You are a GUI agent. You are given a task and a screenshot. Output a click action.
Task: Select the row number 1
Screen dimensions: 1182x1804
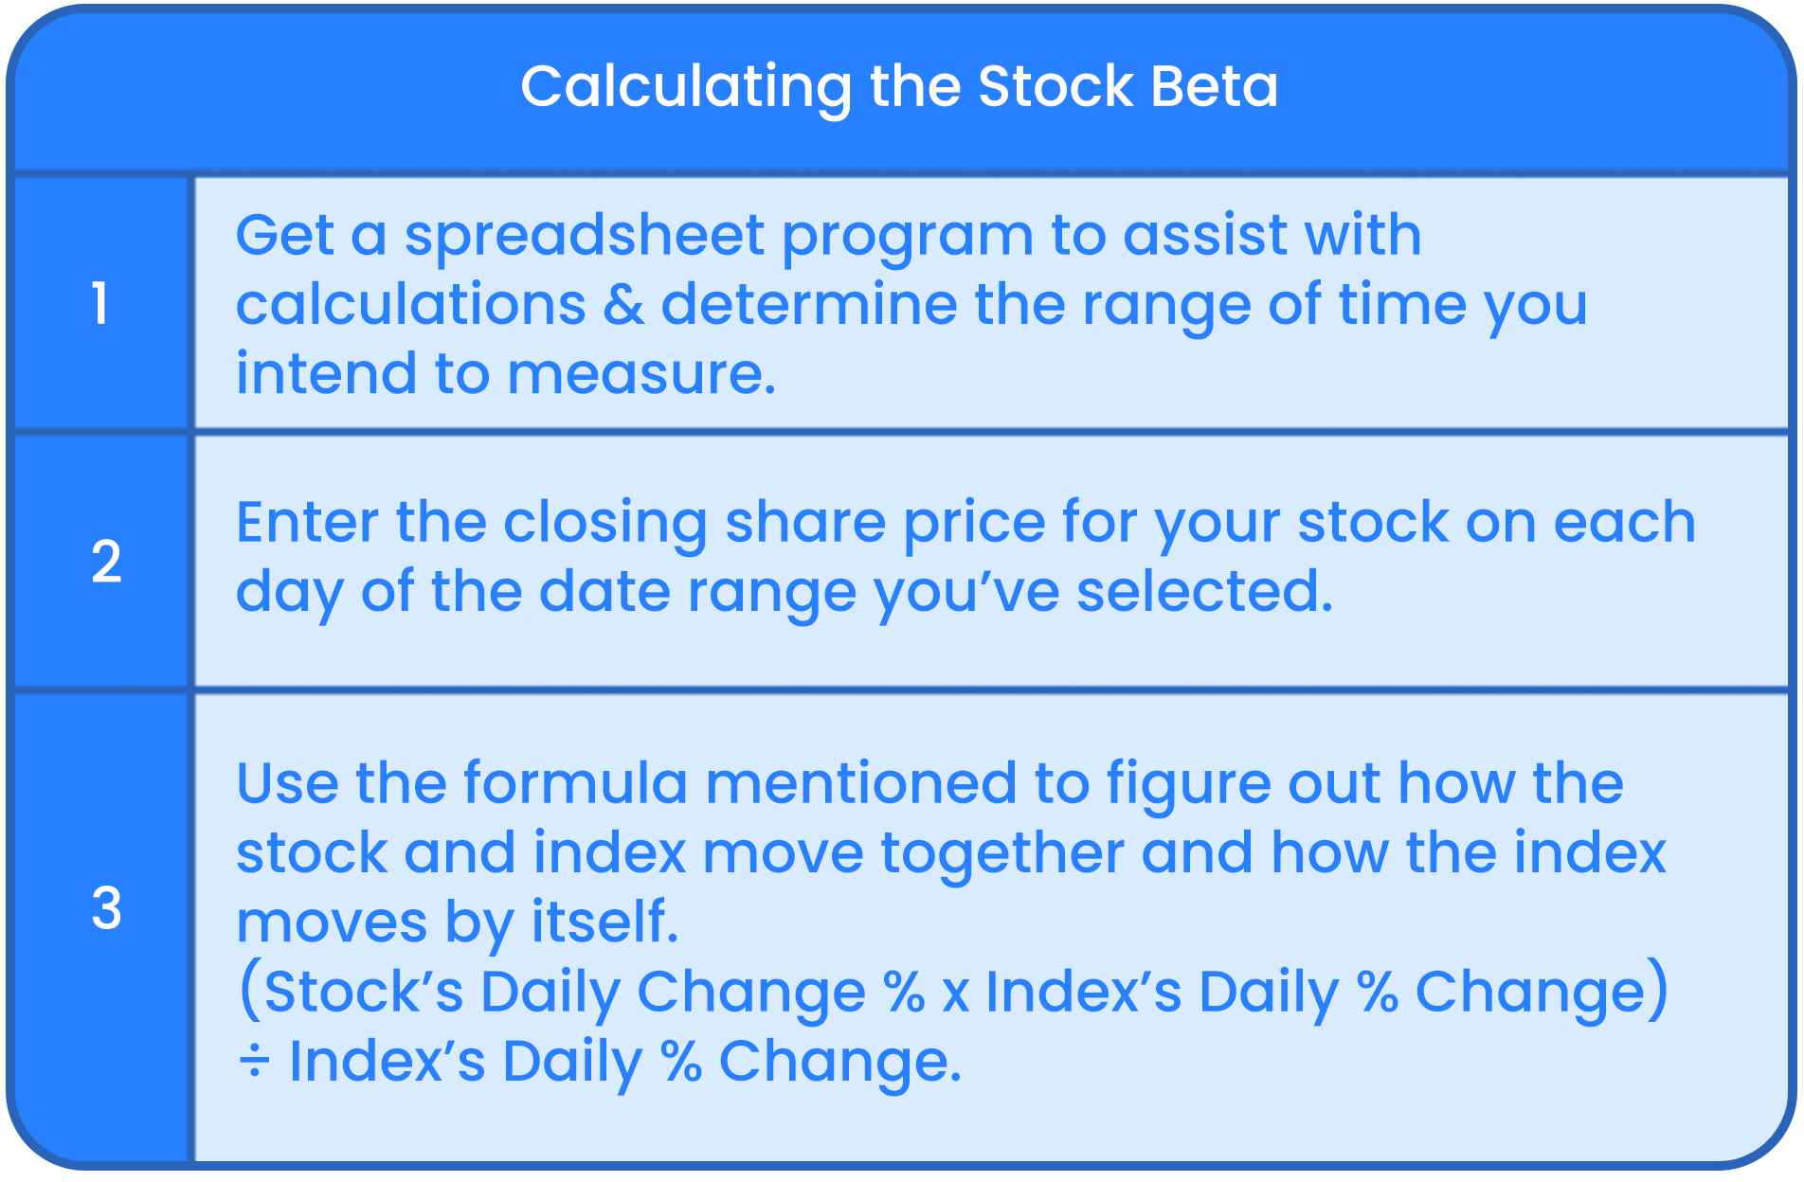(x=99, y=304)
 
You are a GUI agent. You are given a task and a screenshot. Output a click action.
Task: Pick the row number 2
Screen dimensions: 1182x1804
(x=106, y=562)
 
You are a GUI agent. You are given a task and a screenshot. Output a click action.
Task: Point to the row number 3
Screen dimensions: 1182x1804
(x=106, y=908)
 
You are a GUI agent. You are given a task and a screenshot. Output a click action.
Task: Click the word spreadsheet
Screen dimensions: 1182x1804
(x=585, y=235)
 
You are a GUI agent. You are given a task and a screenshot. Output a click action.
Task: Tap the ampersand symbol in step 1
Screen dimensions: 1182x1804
(x=623, y=305)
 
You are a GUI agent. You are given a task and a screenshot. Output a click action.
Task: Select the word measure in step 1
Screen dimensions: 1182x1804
(x=641, y=373)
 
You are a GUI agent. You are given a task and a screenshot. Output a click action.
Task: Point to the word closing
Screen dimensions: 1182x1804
(x=604, y=524)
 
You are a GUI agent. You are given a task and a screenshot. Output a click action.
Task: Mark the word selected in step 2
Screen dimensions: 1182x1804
(x=1204, y=591)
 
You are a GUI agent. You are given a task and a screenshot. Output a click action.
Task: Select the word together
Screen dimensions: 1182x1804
(x=1001, y=853)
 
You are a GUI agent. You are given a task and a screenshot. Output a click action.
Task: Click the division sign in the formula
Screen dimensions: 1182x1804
(x=254, y=1062)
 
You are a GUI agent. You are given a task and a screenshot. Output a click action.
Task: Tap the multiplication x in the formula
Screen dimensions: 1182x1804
(x=955, y=994)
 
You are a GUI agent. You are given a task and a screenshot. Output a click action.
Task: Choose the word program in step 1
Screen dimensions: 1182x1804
(x=907, y=237)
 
